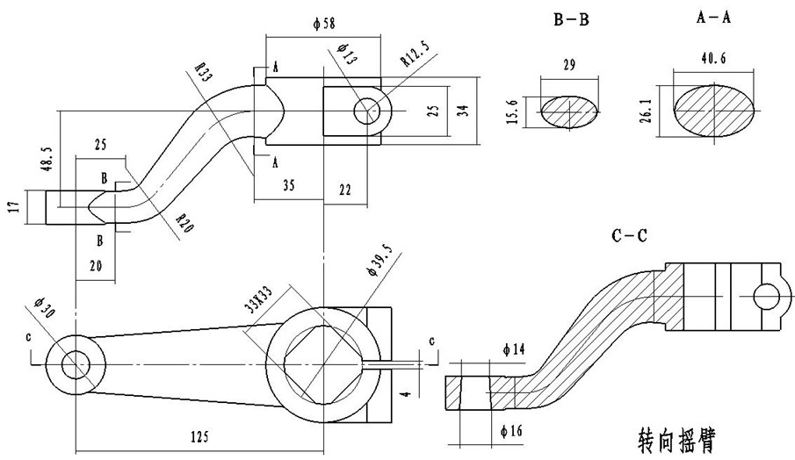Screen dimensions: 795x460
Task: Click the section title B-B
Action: coord(571,20)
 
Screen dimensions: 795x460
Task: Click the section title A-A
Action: coord(713,18)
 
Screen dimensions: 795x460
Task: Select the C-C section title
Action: coord(629,235)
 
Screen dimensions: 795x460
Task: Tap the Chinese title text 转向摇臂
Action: coord(676,440)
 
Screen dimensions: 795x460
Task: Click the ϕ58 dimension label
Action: coord(324,24)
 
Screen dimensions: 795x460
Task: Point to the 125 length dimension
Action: coord(199,436)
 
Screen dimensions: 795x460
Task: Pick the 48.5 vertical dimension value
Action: coord(47,160)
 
